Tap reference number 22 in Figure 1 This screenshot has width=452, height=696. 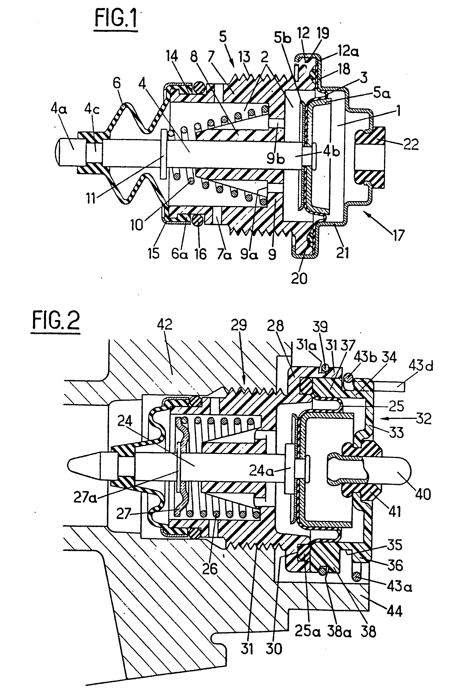410,144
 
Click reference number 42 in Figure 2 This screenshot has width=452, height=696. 165,325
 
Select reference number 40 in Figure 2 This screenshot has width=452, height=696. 423,494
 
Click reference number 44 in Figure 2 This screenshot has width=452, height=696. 394,611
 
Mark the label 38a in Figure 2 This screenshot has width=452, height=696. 337,632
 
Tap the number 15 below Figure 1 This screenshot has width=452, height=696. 153,253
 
